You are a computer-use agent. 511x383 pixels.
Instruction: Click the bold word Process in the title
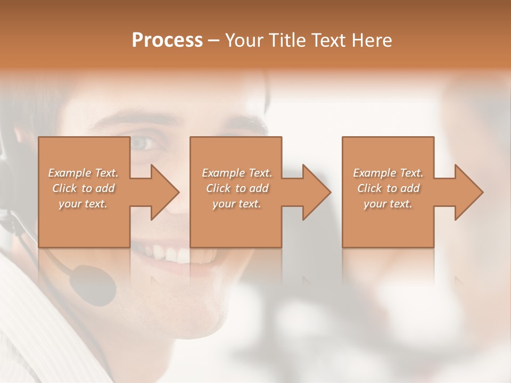[x=167, y=40]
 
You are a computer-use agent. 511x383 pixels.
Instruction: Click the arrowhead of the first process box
[x=163, y=192]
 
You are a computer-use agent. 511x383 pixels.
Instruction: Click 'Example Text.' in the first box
[x=83, y=173]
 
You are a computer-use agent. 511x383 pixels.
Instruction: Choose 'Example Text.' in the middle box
[x=237, y=173]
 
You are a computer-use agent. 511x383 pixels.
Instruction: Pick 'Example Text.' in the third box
[x=388, y=173]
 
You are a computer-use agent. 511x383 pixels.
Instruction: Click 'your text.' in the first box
[x=83, y=204]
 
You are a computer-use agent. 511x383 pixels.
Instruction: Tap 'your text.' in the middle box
[x=237, y=204]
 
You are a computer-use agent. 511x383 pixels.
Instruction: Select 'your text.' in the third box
[x=388, y=204]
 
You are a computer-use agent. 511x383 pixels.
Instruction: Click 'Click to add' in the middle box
[x=237, y=188]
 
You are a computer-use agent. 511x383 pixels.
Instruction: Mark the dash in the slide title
[x=214, y=41]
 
